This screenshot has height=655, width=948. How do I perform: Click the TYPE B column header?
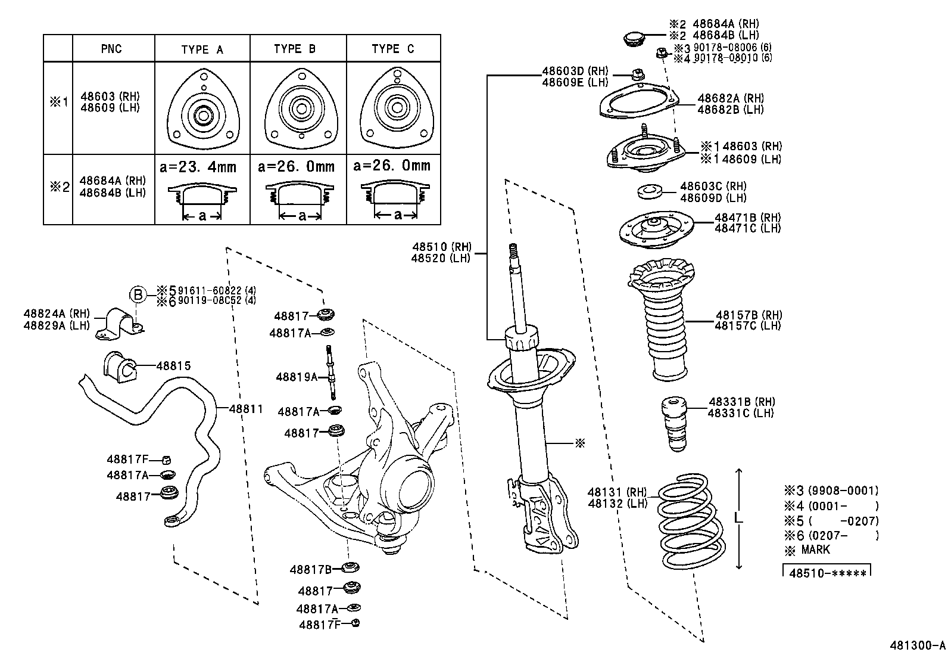click(x=295, y=49)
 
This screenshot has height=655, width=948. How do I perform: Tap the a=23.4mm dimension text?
click(x=198, y=166)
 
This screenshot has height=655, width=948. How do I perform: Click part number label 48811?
click(x=245, y=409)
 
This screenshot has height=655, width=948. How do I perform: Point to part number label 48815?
click(x=173, y=365)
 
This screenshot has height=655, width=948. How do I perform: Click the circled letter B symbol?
click(x=138, y=294)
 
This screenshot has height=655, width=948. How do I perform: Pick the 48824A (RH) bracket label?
click(x=56, y=313)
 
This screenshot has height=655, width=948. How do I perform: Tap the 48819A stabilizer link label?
click(x=297, y=377)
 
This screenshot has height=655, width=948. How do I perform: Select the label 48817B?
click(x=310, y=569)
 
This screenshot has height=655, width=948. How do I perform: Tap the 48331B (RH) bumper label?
click(x=741, y=402)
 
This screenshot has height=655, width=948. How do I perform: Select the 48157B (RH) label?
click(x=749, y=315)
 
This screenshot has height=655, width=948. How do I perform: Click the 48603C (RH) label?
click(x=713, y=187)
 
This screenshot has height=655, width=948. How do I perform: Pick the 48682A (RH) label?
click(x=730, y=98)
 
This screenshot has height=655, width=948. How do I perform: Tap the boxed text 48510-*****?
click(x=827, y=573)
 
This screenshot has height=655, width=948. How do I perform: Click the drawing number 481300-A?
click(x=917, y=645)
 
